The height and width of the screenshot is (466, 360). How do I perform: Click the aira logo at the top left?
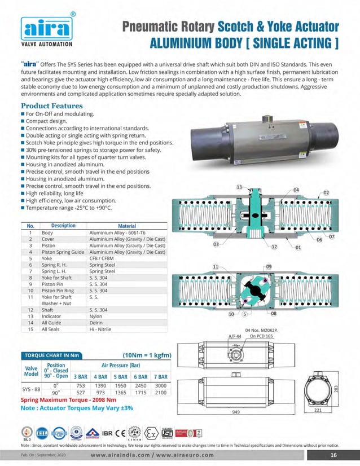[47, 28]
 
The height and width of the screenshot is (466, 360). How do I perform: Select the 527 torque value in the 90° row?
[80, 392]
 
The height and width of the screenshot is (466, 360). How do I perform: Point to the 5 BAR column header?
[121, 376]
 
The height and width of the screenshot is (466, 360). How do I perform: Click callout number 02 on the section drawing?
[326, 192]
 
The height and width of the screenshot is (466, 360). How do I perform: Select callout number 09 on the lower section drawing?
[269, 266]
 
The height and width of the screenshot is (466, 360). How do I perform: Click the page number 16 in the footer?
[333, 455]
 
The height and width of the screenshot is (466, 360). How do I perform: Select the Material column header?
[127, 226]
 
